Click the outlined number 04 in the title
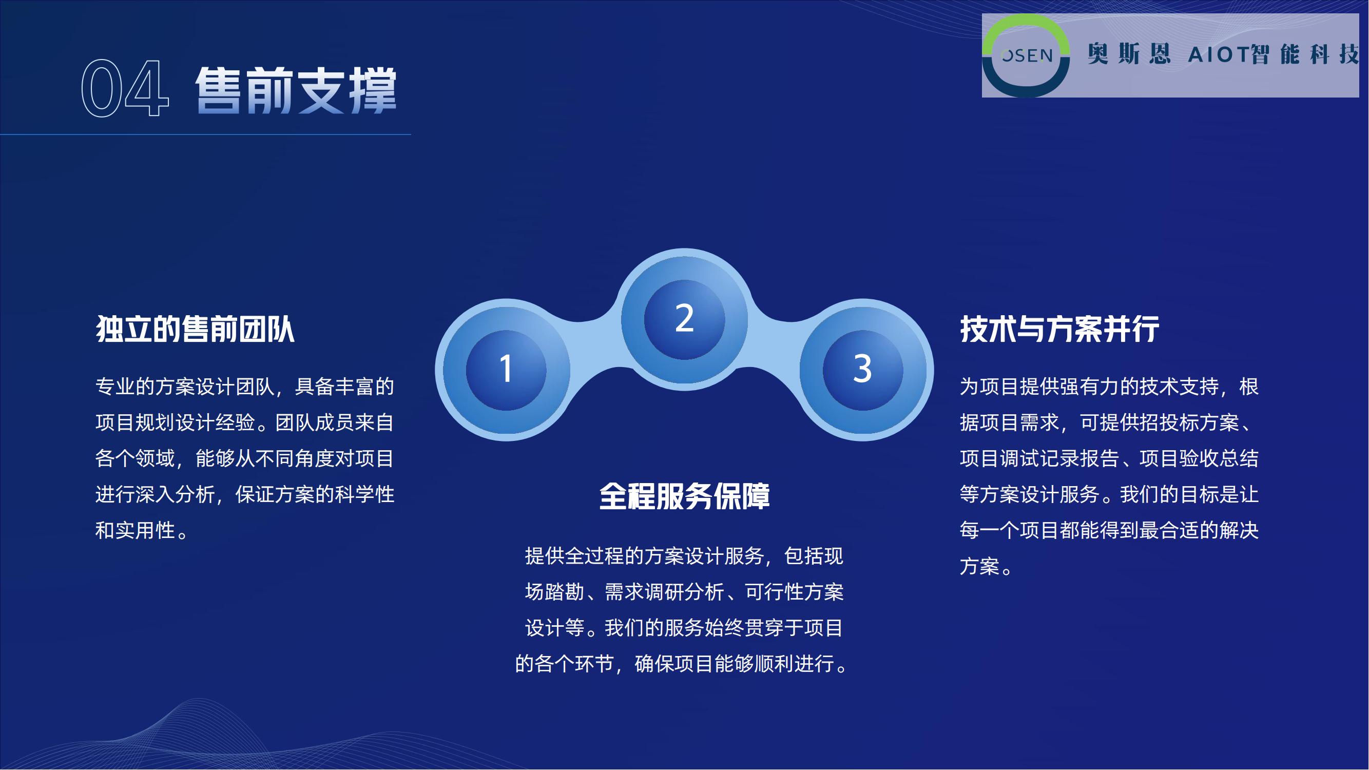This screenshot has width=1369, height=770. click(x=125, y=88)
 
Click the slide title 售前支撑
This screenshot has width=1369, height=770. click(x=296, y=90)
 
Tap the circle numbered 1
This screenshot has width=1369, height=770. click(x=506, y=370)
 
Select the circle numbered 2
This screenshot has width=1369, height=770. click(x=685, y=319)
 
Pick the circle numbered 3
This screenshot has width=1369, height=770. click(x=862, y=370)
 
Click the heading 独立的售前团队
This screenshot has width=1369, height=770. click(x=195, y=329)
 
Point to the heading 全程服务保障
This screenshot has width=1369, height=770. click(x=685, y=496)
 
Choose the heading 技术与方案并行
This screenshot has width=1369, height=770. click(x=1059, y=329)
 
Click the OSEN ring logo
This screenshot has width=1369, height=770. click(x=1026, y=55)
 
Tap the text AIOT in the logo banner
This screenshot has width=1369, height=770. click(x=1219, y=55)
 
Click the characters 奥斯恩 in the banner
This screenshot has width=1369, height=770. click(x=1129, y=54)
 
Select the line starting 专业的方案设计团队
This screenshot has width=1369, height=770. click(x=245, y=387)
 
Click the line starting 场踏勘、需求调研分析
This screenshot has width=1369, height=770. click(x=685, y=592)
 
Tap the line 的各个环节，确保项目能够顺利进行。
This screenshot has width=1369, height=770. click(x=685, y=664)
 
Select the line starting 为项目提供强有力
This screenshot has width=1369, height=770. click(x=1110, y=387)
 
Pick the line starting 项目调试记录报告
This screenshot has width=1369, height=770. click(x=1110, y=458)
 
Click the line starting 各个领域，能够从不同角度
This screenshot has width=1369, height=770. click(x=245, y=458)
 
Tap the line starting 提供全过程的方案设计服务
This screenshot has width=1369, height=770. click(x=685, y=556)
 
